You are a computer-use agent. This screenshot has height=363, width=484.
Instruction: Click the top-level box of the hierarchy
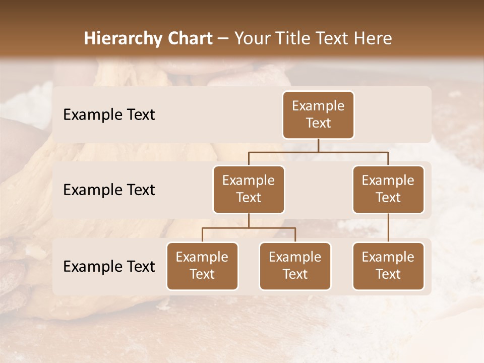point(318,114)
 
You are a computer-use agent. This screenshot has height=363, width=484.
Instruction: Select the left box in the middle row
point(249,189)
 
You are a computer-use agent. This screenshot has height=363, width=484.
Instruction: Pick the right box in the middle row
point(388,189)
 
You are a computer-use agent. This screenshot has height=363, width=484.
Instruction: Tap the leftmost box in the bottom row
point(202,266)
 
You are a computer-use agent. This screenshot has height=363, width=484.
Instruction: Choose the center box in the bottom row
point(295,266)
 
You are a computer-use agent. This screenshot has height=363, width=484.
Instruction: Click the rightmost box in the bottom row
point(388,266)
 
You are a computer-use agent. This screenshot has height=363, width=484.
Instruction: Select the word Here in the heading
point(373,39)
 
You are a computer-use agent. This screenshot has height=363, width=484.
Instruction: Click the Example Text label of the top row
point(109,115)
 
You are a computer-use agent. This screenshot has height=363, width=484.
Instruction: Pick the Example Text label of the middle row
point(109,190)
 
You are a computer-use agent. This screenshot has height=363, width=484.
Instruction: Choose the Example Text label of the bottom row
point(109,266)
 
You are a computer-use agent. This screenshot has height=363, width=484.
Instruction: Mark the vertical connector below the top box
point(318,145)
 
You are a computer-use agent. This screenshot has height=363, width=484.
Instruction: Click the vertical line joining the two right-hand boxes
point(388,227)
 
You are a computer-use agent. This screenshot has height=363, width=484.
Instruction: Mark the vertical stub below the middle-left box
point(249,220)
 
